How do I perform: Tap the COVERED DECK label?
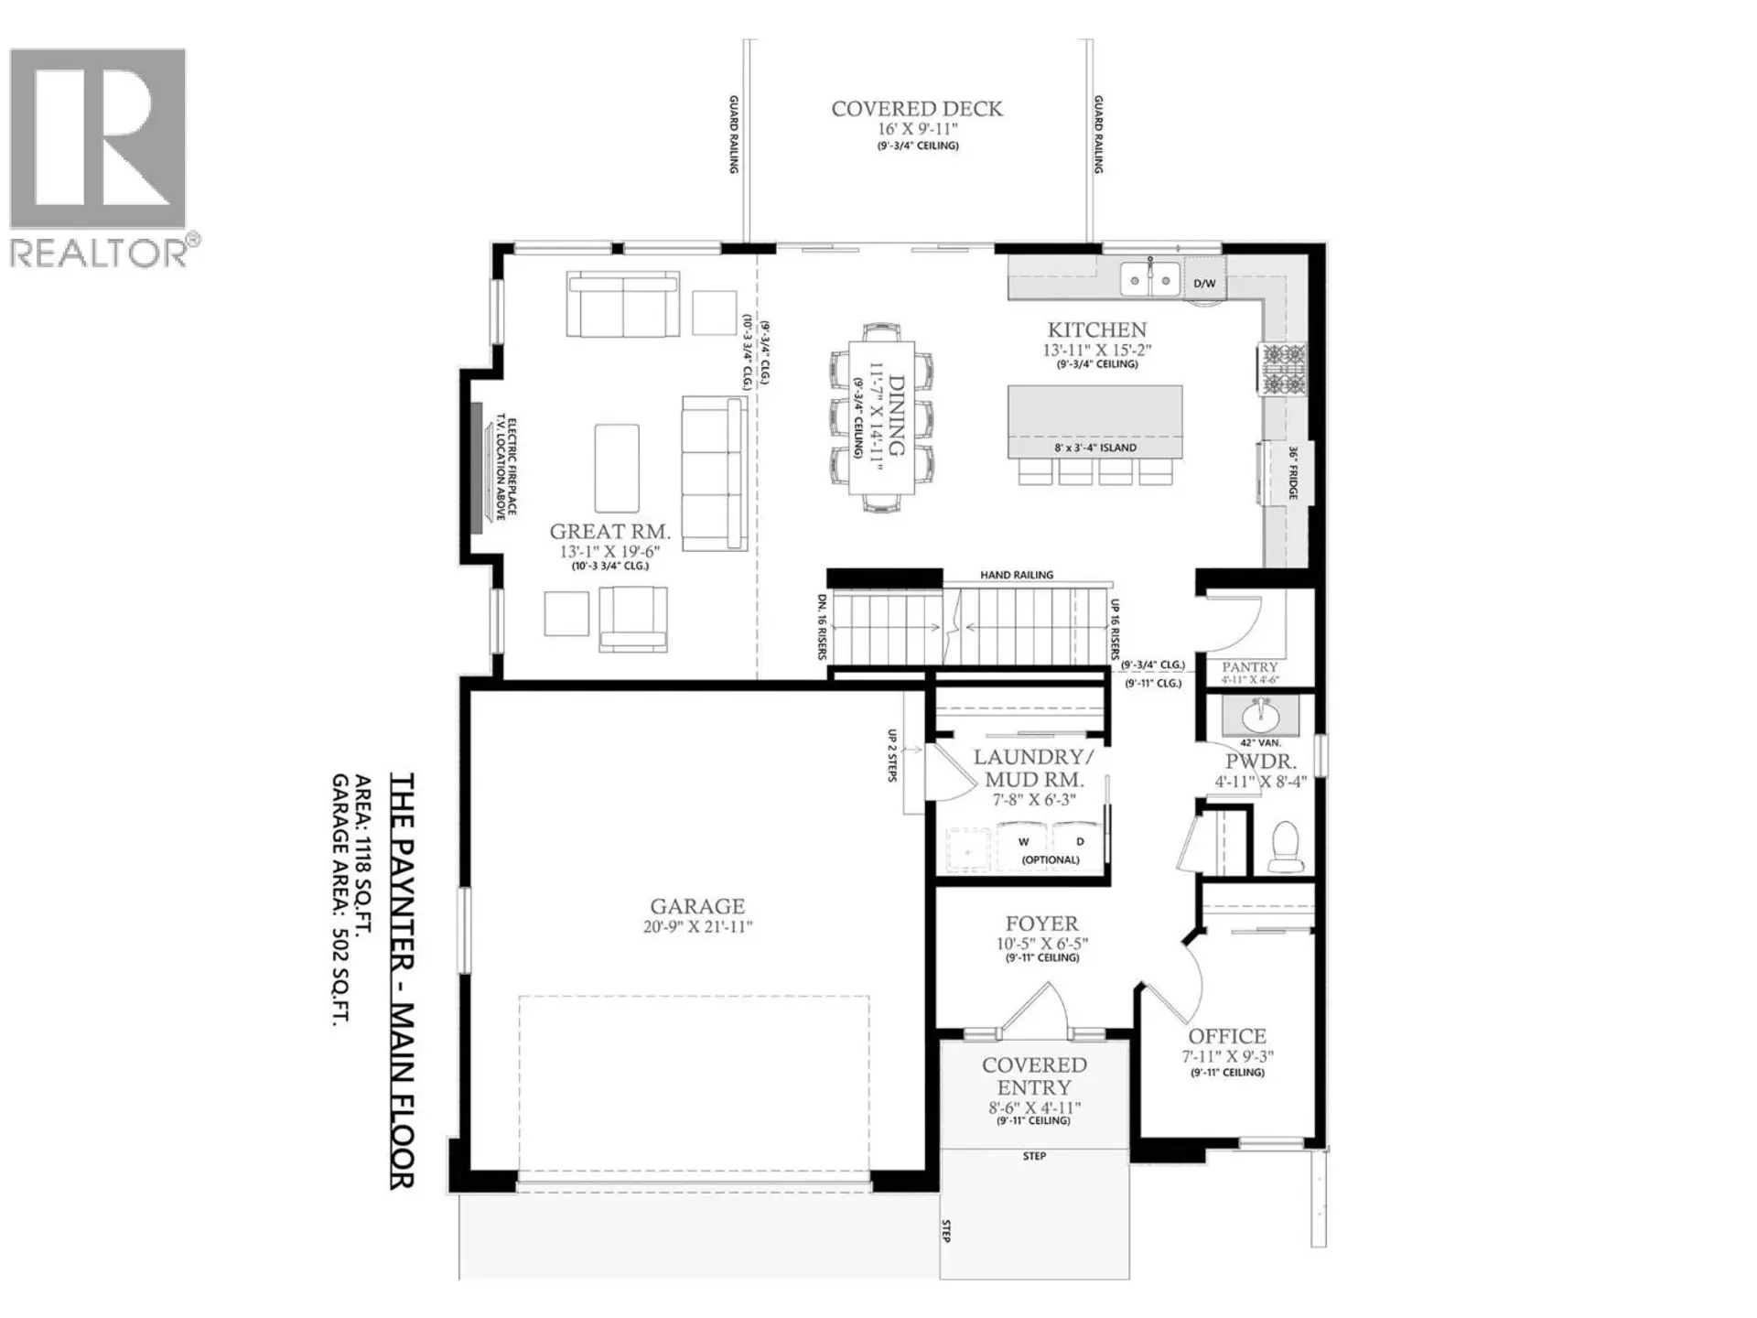tap(917, 109)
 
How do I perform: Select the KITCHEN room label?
tap(1096, 329)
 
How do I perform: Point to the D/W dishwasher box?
tap(1204, 283)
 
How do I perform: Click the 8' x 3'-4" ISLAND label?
tap(1094, 448)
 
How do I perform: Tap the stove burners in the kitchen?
tap(1283, 369)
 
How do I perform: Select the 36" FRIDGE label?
tap(1293, 473)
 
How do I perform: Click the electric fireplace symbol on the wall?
tap(477, 467)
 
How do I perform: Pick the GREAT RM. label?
tap(609, 531)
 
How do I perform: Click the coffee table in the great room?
tap(617, 467)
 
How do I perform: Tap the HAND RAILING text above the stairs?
tap(1017, 575)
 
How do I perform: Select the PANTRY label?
tap(1249, 667)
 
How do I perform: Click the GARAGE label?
tap(697, 906)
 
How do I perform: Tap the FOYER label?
tap(1041, 924)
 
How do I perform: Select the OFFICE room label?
tap(1227, 1036)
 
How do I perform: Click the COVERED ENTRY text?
tap(1034, 1076)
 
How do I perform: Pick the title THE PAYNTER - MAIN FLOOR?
tap(403, 979)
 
